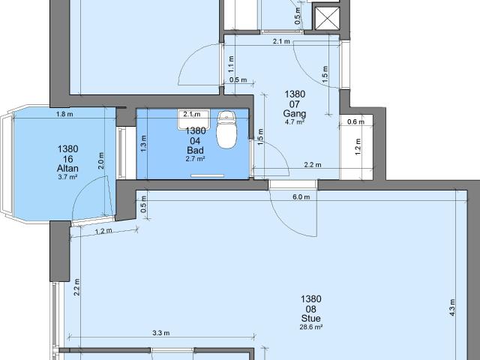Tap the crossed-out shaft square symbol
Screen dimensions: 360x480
[x=328, y=19]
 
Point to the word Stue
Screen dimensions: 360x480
[x=310, y=317]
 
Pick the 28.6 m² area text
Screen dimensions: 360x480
[x=310, y=328]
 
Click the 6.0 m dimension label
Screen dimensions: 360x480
[x=301, y=197]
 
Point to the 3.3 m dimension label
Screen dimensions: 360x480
[x=160, y=333]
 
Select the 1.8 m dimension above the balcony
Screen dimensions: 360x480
[x=64, y=114]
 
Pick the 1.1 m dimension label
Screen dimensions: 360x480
[x=231, y=67]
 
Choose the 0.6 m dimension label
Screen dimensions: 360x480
[x=355, y=122]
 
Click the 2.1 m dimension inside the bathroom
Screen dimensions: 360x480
[x=191, y=115]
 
